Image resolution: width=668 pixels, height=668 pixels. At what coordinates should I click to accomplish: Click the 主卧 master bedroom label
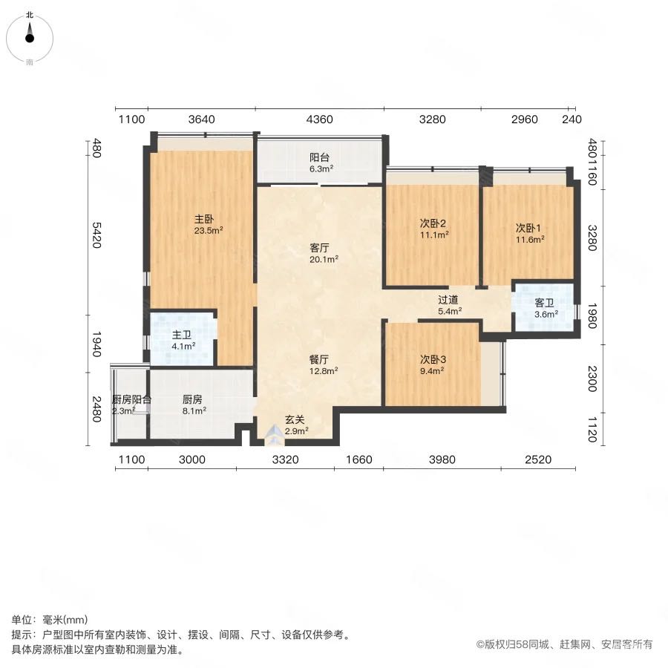203,220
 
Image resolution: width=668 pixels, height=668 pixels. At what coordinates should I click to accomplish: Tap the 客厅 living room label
319,248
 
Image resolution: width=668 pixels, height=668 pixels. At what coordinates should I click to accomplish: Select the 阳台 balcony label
319,157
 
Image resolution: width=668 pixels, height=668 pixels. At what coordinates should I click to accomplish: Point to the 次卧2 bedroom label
433,223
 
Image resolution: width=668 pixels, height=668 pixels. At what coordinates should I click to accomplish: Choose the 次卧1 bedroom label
528,228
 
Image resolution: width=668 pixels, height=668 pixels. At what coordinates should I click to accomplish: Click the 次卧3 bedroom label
433,359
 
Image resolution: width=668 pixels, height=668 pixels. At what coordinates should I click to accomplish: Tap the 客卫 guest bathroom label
545,303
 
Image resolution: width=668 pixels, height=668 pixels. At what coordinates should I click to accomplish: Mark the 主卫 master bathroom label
182,335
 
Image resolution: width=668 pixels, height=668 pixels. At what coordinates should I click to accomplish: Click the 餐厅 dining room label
319,359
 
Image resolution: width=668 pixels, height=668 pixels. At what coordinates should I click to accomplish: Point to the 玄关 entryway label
295,419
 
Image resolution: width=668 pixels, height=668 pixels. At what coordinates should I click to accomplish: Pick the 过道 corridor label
448,300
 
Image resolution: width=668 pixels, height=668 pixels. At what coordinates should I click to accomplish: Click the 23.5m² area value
209,231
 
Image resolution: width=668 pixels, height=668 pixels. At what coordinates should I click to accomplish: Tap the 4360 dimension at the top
319,119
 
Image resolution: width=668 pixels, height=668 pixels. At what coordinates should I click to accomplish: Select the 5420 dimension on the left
97,235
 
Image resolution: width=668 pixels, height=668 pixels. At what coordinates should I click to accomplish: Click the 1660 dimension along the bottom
359,459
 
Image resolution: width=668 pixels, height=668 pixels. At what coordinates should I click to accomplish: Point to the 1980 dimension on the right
592,315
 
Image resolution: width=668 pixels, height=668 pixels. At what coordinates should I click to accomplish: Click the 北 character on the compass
30,15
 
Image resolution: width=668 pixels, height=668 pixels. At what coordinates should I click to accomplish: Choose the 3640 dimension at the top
201,119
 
